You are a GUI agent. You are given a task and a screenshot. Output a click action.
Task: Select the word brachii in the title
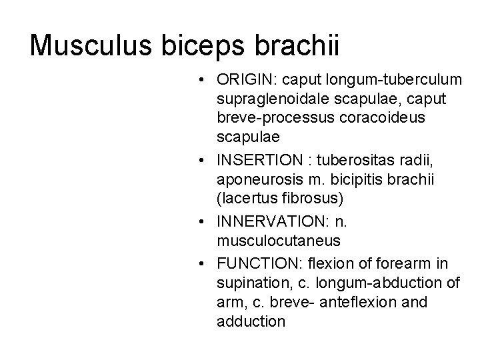click(x=299, y=45)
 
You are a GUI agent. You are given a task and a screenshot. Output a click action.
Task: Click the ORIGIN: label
click(x=246, y=81)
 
